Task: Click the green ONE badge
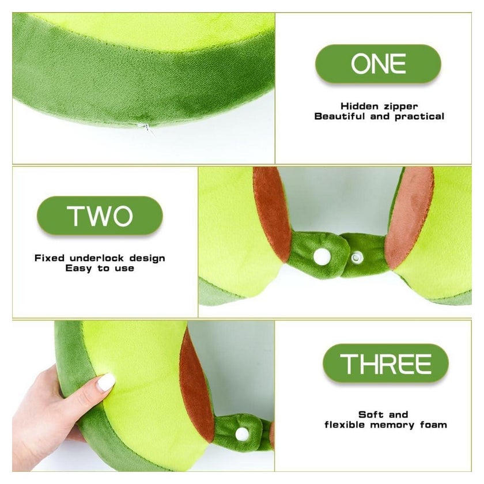[x=378, y=63]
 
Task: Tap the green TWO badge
[x=100, y=215]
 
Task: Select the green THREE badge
[x=385, y=363]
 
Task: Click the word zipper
[x=401, y=106]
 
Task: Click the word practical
[x=419, y=116]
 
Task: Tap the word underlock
[x=97, y=258]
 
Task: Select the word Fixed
[x=50, y=258]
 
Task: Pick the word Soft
[x=370, y=414]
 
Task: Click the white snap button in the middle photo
[x=322, y=256]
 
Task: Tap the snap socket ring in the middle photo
[x=356, y=257]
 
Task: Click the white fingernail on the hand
[x=106, y=383]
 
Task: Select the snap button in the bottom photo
[x=242, y=434]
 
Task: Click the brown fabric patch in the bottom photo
[x=196, y=386]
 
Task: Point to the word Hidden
[x=360, y=106]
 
